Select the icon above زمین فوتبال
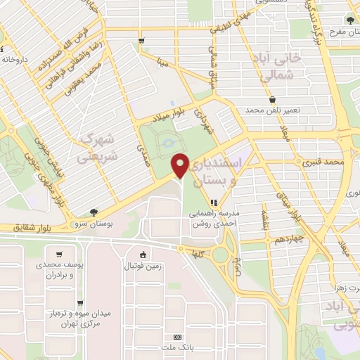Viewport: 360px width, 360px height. click(144, 254)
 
